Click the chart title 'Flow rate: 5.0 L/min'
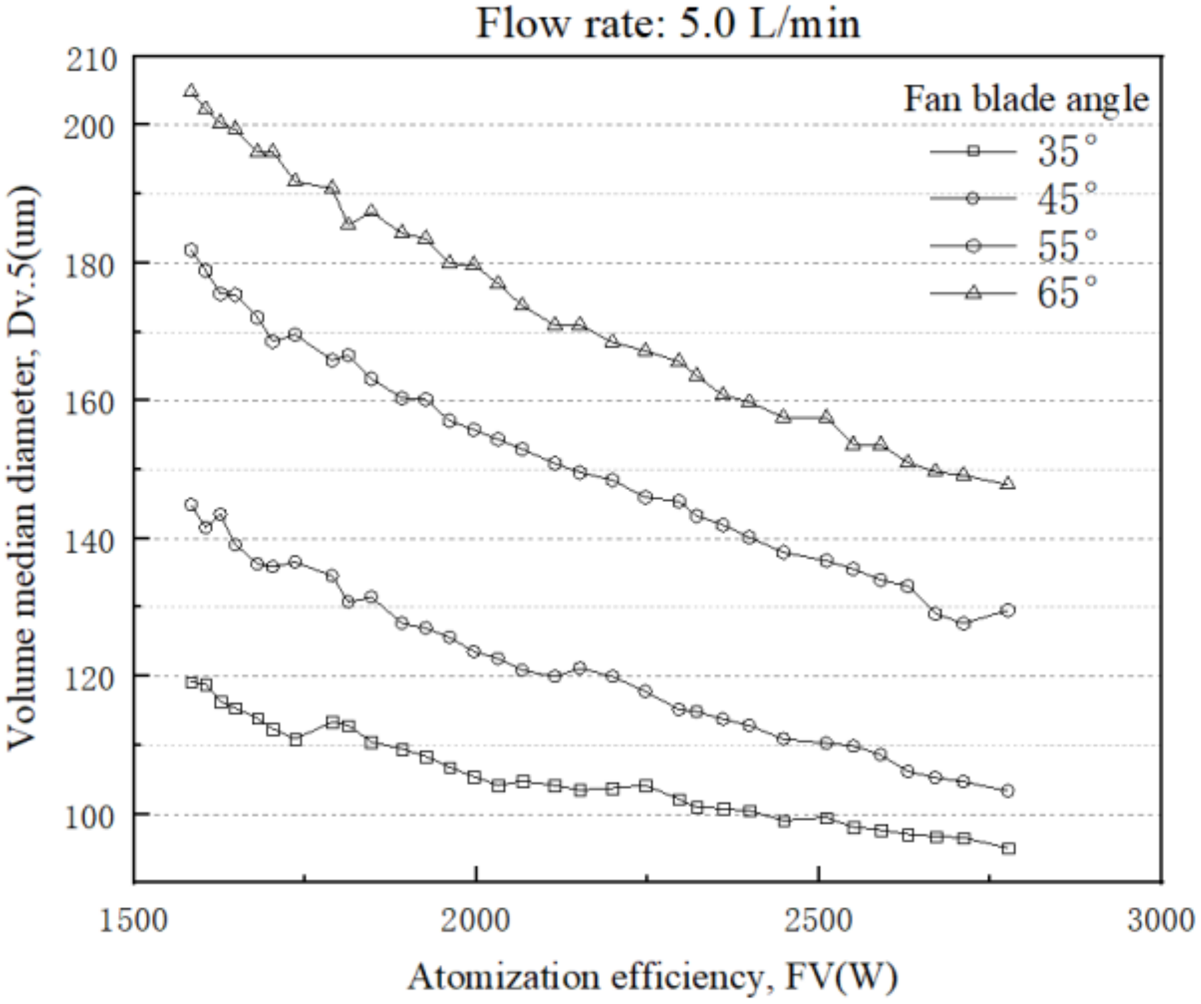point(668,24)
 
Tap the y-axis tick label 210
point(92,60)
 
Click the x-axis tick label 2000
point(475,921)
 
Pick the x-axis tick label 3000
point(1161,921)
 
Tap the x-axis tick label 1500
point(133,921)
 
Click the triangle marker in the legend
point(973,292)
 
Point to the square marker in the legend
point(973,151)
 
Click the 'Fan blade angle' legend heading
point(1026,100)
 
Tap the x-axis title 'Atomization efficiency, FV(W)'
point(653,977)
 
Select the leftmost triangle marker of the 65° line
point(191,91)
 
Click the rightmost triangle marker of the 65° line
point(1007,483)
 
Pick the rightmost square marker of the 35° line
point(1008,848)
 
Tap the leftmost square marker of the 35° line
point(192,682)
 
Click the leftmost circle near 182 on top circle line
point(191,250)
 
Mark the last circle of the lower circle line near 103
point(1007,790)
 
